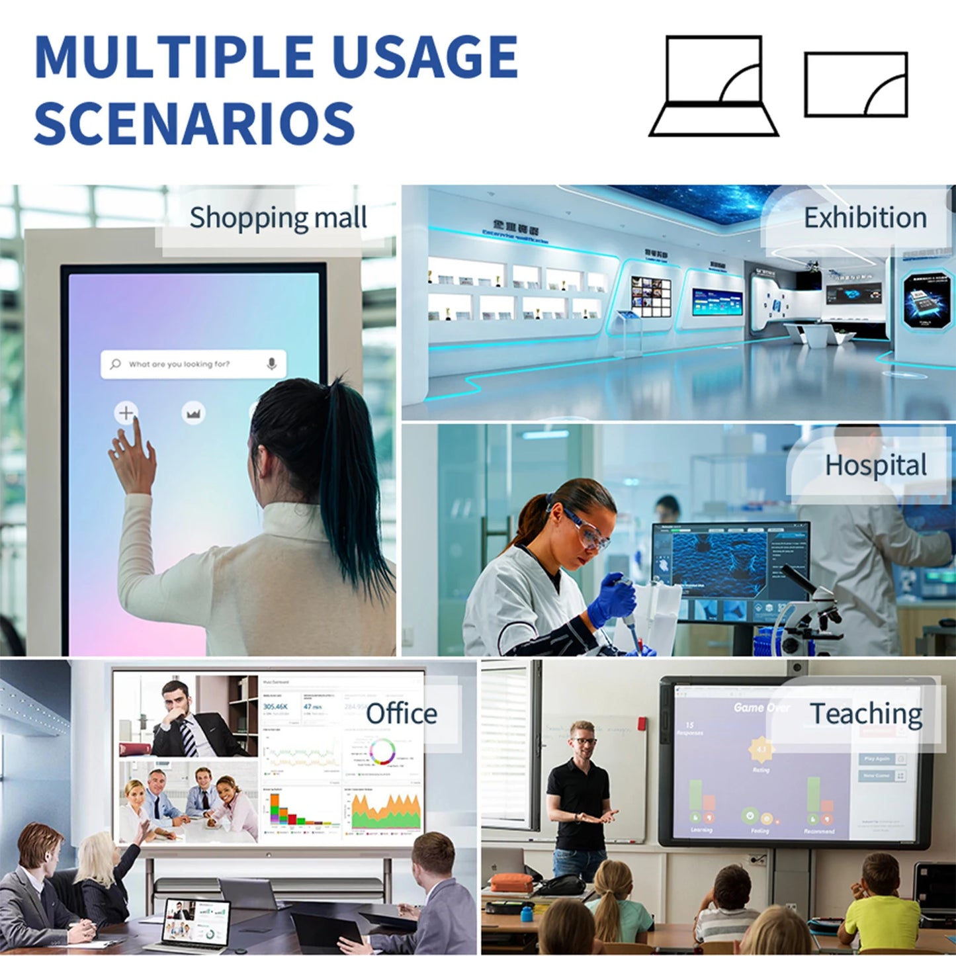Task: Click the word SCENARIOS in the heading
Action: pos(195,124)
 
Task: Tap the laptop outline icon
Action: pos(714,86)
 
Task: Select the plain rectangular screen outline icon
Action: pos(855,85)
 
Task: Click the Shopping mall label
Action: pos(278,218)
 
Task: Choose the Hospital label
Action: pos(875,465)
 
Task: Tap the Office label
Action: pos(402,713)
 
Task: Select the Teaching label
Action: pos(866,714)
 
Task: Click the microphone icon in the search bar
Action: pos(271,364)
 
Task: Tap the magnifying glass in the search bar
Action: pos(116,364)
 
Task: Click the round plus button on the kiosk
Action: pos(126,413)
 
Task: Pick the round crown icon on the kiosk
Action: pos(193,413)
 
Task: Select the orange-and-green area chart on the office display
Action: pos(386,811)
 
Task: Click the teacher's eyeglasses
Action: pos(584,740)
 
